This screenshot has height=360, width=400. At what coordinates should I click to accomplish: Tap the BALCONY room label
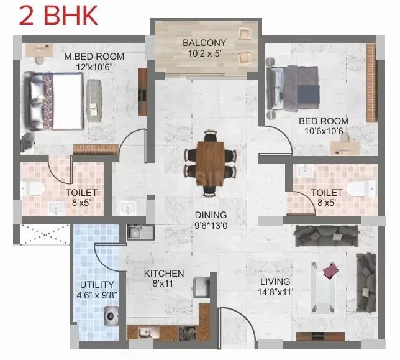(204, 43)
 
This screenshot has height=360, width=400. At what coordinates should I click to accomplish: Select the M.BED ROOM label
(94, 57)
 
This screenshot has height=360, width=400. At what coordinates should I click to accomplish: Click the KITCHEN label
(164, 274)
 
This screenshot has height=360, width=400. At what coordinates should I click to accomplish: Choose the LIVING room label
(275, 281)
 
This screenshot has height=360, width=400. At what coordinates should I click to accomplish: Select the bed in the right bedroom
(293, 85)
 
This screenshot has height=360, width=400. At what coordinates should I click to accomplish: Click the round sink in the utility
(111, 316)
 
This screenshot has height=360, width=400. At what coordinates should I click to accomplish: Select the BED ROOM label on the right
(324, 121)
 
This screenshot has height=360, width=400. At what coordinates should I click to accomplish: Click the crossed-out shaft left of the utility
(44, 235)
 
